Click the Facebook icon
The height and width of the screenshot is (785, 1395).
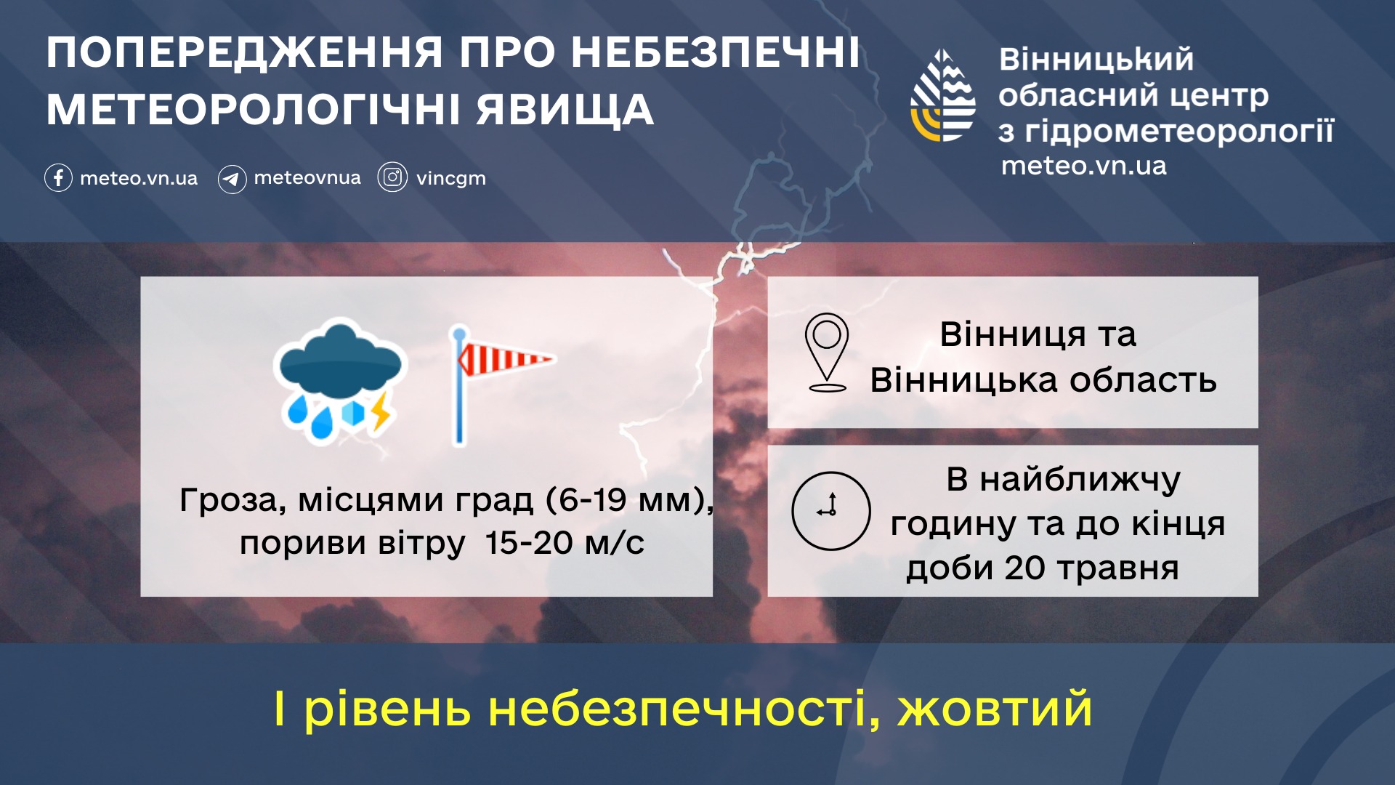click(58, 178)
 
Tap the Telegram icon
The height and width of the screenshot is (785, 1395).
click(232, 179)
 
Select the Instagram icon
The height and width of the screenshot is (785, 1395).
click(392, 177)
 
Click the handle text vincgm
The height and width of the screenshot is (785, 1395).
click(451, 179)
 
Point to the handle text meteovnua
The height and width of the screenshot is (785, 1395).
click(307, 177)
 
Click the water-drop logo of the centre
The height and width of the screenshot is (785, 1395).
click(943, 95)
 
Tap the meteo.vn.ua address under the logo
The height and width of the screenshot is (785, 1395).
click(1084, 166)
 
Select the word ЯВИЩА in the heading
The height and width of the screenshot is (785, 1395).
click(565, 110)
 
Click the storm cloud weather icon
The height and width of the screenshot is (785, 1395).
click(338, 379)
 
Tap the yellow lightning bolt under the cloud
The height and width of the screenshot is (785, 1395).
click(381, 412)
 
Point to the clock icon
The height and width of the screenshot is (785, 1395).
click(831, 510)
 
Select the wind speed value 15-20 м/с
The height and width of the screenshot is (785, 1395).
click(565, 543)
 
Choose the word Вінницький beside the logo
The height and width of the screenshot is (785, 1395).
click(1096, 60)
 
